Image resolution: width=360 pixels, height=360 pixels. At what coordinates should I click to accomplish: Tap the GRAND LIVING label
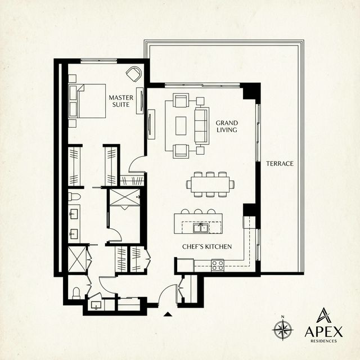(227, 126)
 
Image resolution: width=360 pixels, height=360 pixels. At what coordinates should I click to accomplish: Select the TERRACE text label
(280, 163)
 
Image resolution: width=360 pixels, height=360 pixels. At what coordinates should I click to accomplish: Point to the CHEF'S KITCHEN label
(206, 247)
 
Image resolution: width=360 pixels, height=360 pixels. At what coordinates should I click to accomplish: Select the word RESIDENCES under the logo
(323, 341)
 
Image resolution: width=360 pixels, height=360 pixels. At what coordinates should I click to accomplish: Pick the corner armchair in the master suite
(134, 74)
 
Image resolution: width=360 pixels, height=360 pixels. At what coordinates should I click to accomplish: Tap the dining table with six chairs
(209, 184)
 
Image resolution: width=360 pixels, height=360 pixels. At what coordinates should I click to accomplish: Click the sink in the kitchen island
(201, 228)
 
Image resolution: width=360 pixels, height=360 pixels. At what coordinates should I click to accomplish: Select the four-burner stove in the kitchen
(217, 264)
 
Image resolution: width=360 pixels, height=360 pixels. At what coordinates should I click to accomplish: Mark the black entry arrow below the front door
(167, 314)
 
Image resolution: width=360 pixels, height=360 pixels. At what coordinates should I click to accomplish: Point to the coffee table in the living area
(181, 125)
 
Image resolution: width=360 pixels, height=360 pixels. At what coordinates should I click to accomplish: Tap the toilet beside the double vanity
(74, 197)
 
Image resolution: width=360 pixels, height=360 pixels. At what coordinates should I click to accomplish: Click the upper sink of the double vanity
(74, 214)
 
